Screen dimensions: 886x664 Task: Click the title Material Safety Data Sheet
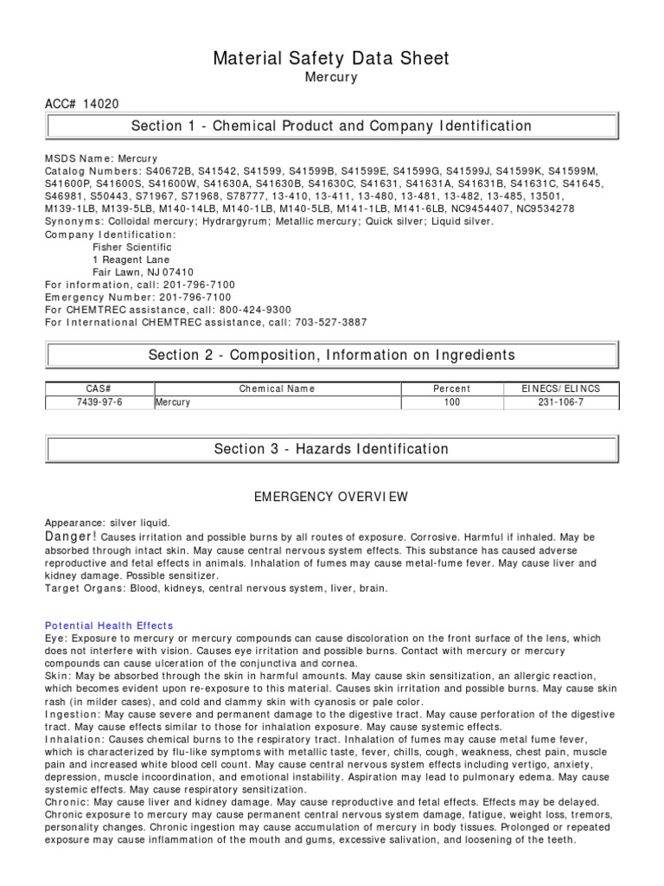[x=331, y=58]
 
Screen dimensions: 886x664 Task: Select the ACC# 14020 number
[x=82, y=104]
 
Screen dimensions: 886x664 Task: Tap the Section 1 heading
[x=331, y=126]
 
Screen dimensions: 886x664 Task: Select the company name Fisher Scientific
[x=131, y=247]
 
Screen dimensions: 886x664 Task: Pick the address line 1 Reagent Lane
[x=131, y=260]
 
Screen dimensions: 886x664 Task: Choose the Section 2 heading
[x=331, y=355]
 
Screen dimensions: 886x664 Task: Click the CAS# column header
[x=99, y=389]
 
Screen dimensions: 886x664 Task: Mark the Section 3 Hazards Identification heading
[x=331, y=449]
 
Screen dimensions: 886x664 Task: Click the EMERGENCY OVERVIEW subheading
[x=331, y=498]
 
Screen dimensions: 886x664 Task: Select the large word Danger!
[x=72, y=537]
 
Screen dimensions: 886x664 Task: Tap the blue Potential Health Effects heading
[x=109, y=626]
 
